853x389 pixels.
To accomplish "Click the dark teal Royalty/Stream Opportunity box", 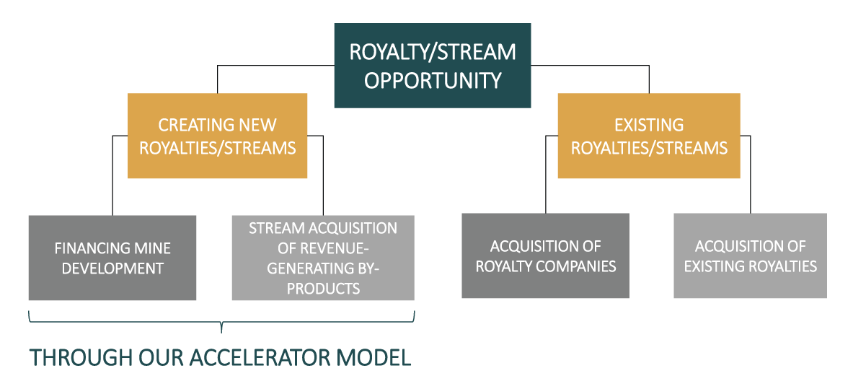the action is click(433, 66).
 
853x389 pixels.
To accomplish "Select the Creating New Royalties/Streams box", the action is click(217, 136).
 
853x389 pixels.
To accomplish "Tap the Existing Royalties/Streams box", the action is click(649, 136).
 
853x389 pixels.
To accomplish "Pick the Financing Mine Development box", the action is click(112, 258).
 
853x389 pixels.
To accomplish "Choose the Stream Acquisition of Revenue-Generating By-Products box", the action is click(323, 258).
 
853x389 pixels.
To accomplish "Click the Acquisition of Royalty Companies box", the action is click(546, 255).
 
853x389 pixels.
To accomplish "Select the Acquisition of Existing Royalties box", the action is click(750, 255).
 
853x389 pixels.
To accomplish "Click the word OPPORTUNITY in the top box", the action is click(433, 81).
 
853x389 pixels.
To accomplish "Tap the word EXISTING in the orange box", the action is click(649, 125).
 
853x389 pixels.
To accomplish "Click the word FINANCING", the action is click(86, 248).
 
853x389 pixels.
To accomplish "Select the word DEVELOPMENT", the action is click(112, 268).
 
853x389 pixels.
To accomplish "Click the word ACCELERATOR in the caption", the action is click(258, 357).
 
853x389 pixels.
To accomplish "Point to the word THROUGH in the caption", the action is click(70, 357).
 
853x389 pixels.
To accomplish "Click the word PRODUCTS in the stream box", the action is click(323, 288).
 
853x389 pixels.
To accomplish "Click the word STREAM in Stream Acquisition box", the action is click(273, 228).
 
